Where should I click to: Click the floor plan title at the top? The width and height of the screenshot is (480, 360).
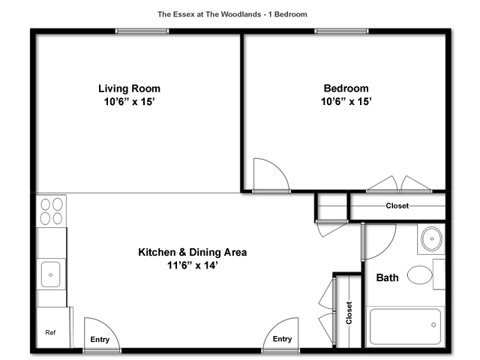tap(232, 14)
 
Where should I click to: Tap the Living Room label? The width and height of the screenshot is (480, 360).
tap(129, 88)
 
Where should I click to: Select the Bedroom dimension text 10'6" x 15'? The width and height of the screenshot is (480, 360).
tap(346, 101)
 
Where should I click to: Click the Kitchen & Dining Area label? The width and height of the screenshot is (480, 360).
tap(193, 252)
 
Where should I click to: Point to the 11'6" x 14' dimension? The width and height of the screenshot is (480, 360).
tap(193, 265)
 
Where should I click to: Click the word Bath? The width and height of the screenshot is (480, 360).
tap(387, 277)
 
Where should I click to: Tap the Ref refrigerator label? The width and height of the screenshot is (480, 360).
tap(50, 332)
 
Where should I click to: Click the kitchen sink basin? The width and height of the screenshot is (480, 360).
tap(50, 274)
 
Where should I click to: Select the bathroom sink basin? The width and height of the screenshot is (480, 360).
tap(432, 238)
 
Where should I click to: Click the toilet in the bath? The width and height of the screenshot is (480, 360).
tap(420, 275)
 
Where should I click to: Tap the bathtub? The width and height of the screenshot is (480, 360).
tap(405, 327)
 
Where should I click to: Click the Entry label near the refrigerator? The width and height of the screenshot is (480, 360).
tap(100, 340)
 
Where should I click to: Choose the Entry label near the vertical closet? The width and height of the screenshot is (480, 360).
tap(282, 339)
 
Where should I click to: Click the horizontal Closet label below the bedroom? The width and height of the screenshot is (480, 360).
tap(397, 205)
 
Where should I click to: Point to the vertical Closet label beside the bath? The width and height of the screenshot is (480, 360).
tap(349, 313)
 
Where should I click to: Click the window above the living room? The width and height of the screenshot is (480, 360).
tap(142, 31)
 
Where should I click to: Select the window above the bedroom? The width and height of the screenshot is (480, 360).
tap(341, 31)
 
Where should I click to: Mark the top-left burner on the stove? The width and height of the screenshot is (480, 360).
tap(45, 205)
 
